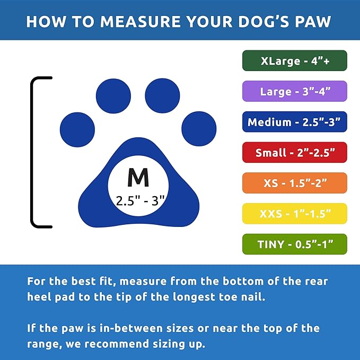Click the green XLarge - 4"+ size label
(295, 60)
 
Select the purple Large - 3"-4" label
(295, 91)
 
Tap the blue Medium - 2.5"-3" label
(295, 122)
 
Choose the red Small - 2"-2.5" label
(295, 152)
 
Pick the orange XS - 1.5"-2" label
(295, 183)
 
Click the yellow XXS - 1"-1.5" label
(295, 214)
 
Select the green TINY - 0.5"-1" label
(295, 244)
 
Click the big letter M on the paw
(138, 178)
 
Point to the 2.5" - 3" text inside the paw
(141, 200)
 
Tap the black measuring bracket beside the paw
(33, 152)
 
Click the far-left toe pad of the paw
(77, 129)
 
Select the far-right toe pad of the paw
(199, 129)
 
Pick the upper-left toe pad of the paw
(113, 96)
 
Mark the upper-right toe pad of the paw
(163, 96)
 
